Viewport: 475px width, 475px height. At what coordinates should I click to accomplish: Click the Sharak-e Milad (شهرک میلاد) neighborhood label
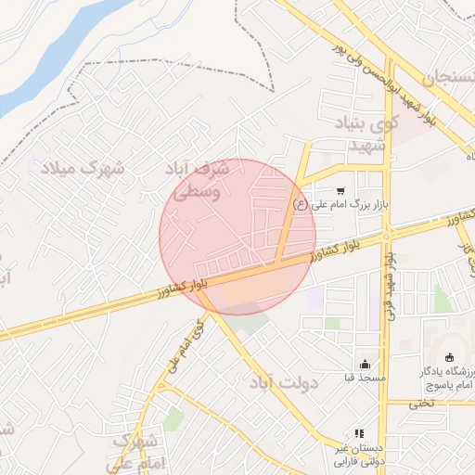[81, 169]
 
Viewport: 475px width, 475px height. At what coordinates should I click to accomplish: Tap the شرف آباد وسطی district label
[196, 181]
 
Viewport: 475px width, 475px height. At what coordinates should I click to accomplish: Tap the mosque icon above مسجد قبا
[365, 365]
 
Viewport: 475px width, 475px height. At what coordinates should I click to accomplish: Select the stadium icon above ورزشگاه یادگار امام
[450, 359]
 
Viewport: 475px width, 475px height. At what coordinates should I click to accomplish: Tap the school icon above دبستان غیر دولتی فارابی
[360, 433]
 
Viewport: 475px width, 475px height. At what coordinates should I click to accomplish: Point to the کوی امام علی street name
[186, 347]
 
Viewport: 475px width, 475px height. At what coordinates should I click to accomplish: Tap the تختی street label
[422, 403]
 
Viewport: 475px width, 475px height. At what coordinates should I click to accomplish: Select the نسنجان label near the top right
[450, 78]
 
